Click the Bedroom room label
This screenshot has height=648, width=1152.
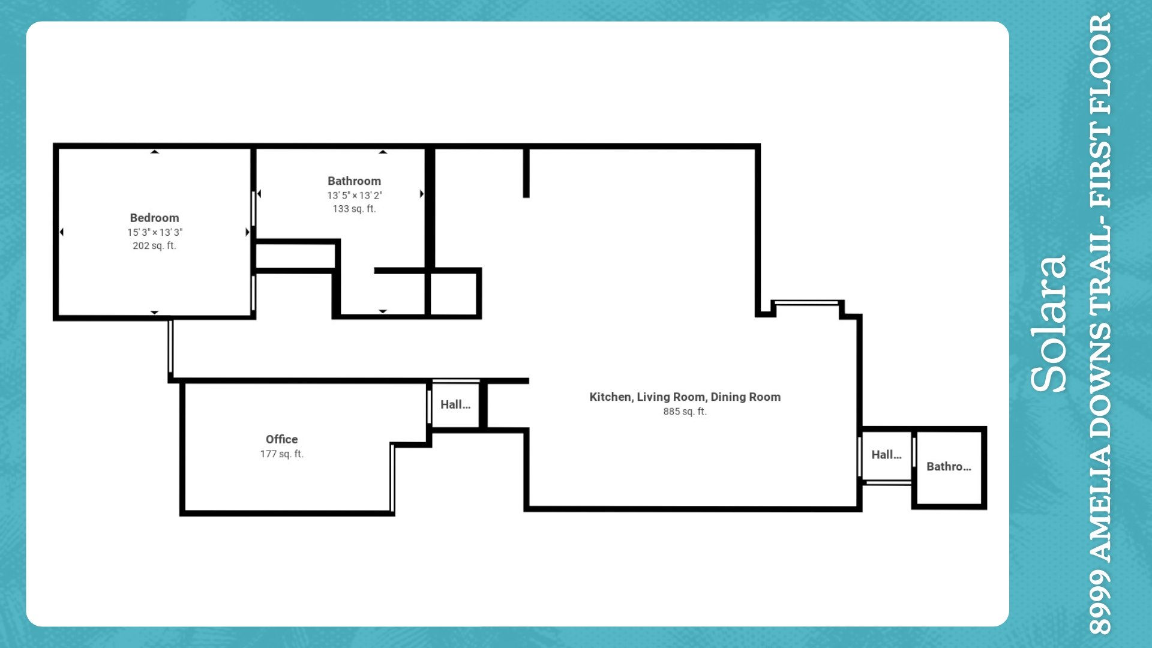pyautogui.click(x=154, y=218)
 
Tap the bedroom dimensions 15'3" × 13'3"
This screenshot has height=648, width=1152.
pyautogui.click(x=154, y=232)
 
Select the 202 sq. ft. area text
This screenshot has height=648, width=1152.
pyautogui.click(x=154, y=245)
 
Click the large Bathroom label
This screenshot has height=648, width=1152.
pyautogui.click(x=354, y=181)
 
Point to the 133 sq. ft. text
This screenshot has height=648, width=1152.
pyautogui.click(x=354, y=209)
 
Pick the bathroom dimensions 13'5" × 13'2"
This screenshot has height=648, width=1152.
pyautogui.click(x=354, y=195)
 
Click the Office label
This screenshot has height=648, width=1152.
pyautogui.click(x=281, y=439)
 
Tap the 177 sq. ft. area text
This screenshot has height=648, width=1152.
pyautogui.click(x=281, y=454)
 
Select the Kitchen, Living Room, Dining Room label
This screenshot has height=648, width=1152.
pyautogui.click(x=685, y=397)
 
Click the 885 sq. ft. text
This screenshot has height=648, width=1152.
pyautogui.click(x=685, y=412)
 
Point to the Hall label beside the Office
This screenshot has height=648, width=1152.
pyautogui.click(x=455, y=404)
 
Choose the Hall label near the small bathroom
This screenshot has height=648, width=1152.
pyautogui.click(x=886, y=455)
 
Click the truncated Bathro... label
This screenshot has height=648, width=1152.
pyautogui.click(x=949, y=466)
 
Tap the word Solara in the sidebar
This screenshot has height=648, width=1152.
pyautogui.click(x=1049, y=324)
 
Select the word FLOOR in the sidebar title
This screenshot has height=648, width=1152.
pyautogui.click(x=1100, y=64)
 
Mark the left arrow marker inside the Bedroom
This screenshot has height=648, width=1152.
pyautogui.click(x=62, y=232)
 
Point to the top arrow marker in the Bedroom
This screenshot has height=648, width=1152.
pyautogui.click(x=154, y=152)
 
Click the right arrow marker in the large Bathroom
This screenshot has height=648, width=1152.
pyautogui.click(x=422, y=194)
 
